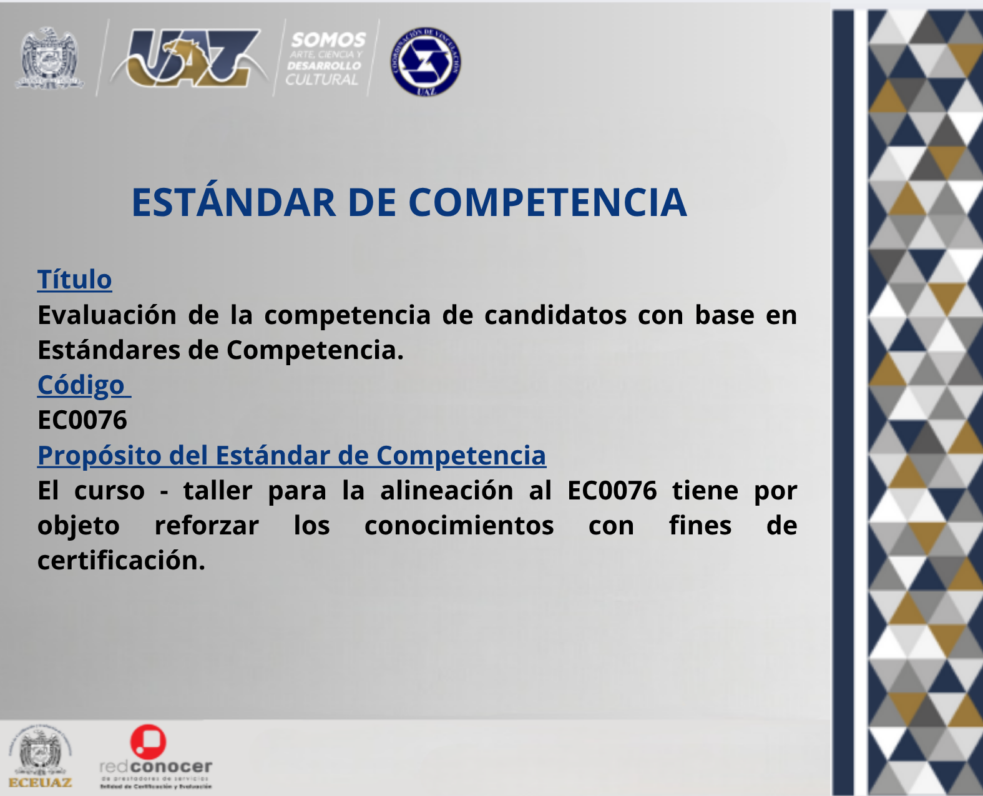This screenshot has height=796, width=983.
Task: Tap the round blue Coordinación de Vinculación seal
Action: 426,62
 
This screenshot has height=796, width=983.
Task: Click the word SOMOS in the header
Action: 328,40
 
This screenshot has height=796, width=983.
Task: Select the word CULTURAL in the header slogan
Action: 322,80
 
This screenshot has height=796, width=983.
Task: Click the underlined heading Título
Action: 74,280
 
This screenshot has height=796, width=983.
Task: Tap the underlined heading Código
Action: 81,385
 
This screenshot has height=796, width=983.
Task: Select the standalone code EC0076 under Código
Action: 82,420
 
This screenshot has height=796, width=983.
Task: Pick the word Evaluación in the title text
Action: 107,315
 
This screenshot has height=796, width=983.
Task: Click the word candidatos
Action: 555,315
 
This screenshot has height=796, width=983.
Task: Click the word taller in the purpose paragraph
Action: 218,491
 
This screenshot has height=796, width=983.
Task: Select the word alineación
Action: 446,491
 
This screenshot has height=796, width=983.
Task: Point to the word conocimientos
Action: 459,526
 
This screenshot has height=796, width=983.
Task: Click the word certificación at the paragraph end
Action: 120,561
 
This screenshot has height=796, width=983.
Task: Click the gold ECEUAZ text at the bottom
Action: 41,782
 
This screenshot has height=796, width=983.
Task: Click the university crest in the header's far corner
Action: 49,57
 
